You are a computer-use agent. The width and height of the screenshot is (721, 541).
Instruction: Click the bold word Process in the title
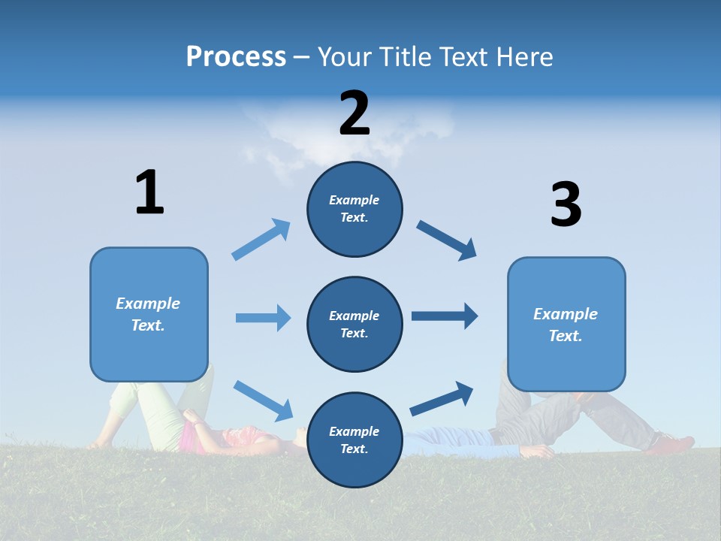tap(236, 57)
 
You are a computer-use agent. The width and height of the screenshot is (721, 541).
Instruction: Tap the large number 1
tap(149, 192)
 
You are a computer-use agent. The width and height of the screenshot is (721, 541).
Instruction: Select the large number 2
tap(354, 113)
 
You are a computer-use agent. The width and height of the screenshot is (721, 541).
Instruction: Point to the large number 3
tap(566, 205)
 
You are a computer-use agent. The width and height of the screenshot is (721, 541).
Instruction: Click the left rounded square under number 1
tap(149, 314)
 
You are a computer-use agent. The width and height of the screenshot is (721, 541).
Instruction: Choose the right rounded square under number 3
tap(566, 325)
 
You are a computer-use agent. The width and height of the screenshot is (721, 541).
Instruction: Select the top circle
tap(354, 209)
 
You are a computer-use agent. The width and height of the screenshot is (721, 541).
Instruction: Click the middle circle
tap(354, 325)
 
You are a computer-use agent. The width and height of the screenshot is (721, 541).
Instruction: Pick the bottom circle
tap(354, 440)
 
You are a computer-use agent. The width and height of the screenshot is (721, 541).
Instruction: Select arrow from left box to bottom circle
tap(263, 400)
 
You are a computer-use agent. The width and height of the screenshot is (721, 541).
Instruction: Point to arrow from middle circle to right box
tap(445, 316)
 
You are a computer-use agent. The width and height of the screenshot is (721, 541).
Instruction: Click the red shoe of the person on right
tap(671, 443)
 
